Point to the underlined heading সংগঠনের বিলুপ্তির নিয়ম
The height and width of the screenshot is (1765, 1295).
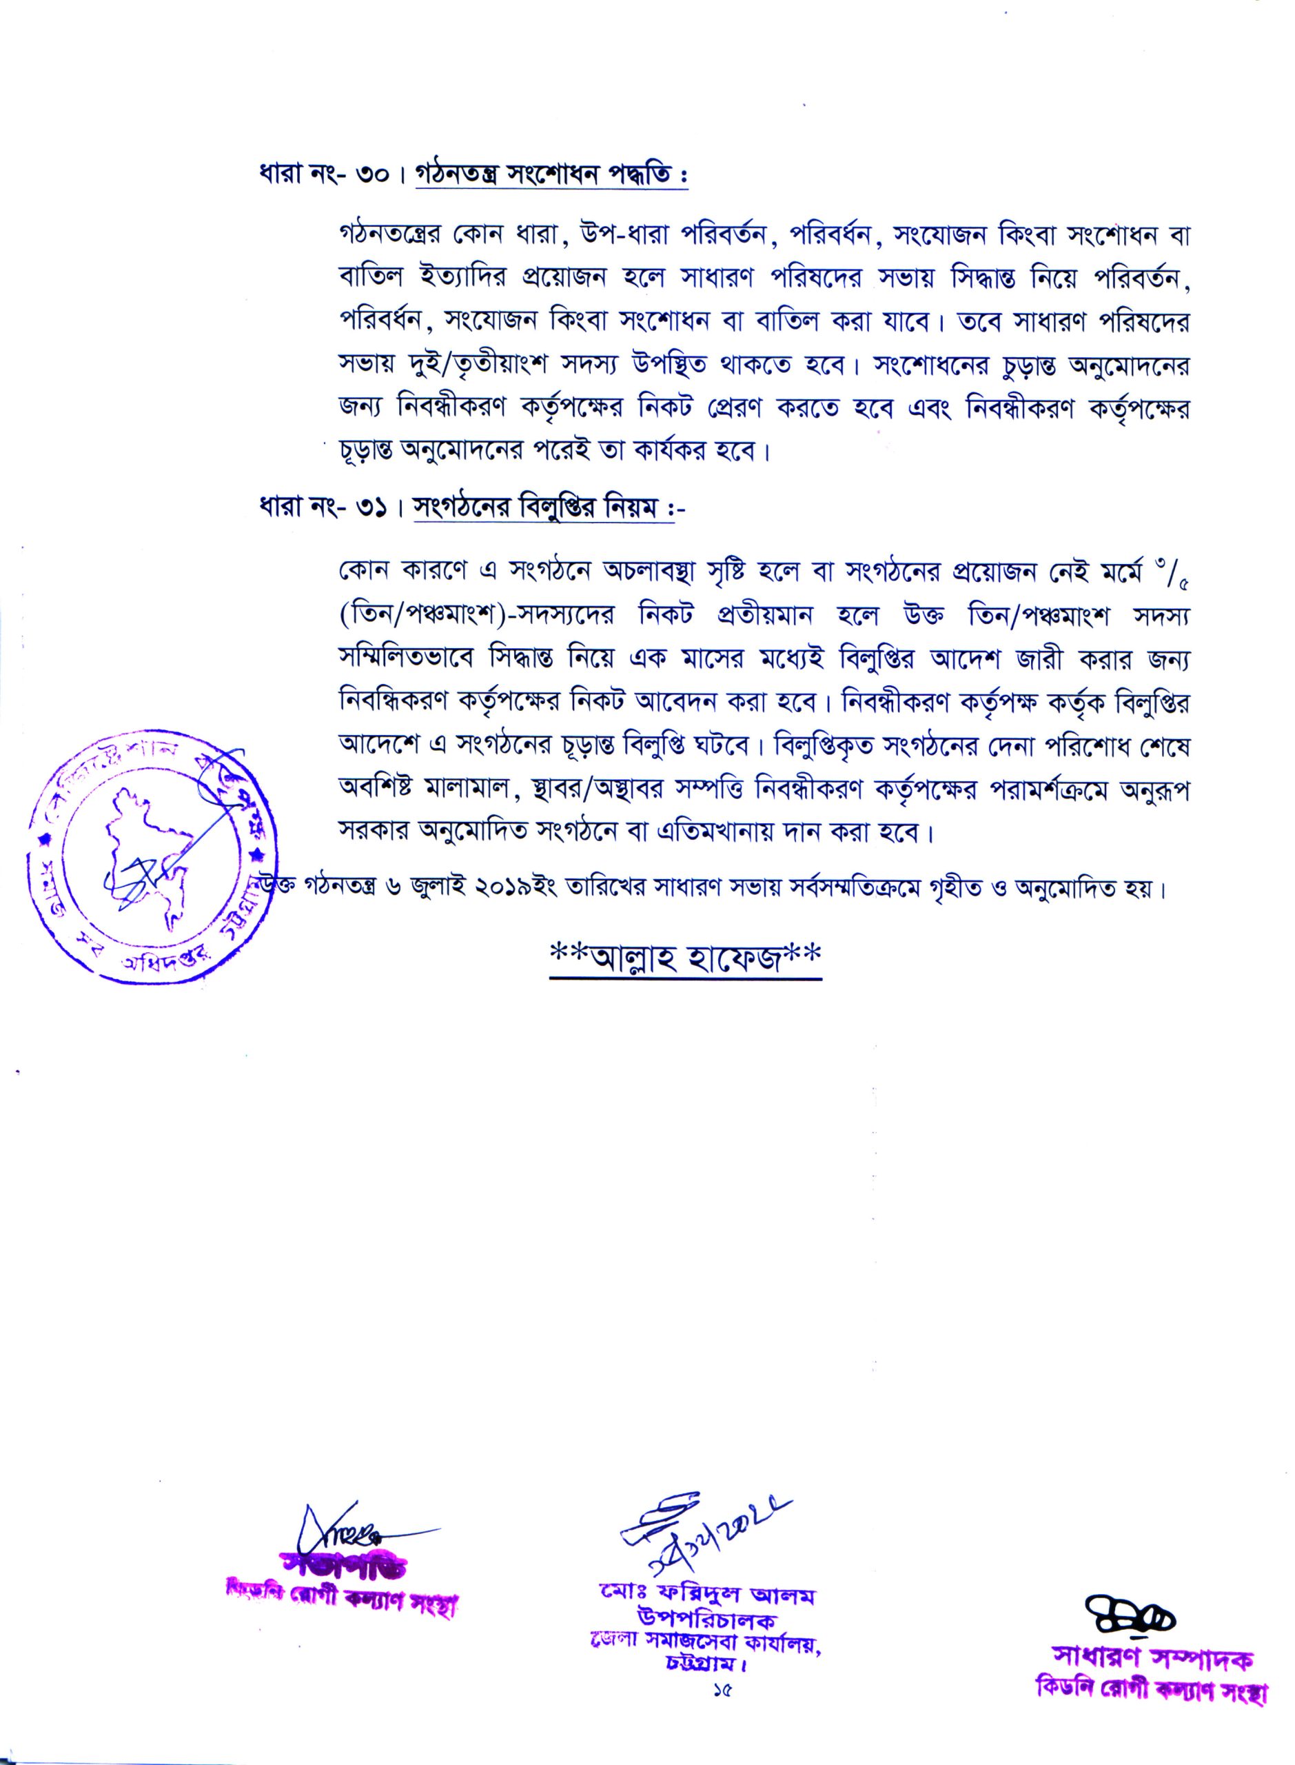pyautogui.click(x=536, y=510)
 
